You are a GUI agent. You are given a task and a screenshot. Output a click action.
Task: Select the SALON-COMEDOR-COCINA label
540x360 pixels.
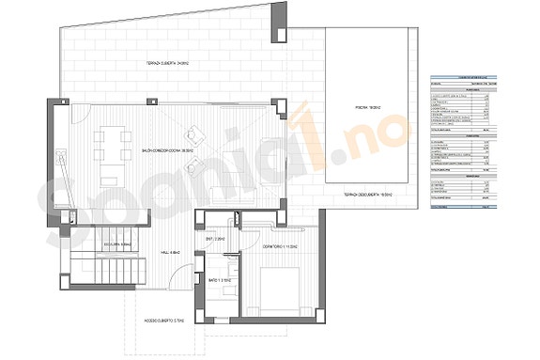pyautogui.click(x=167, y=149)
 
